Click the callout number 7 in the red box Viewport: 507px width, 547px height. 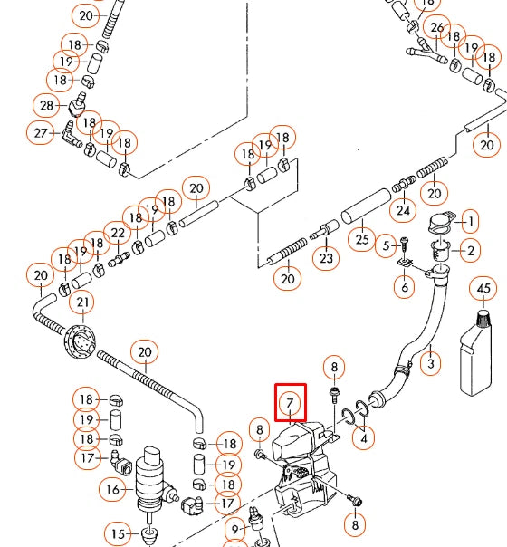[x=290, y=403]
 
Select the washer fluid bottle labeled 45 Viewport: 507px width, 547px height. [x=475, y=353]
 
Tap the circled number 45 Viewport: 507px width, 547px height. [x=483, y=289]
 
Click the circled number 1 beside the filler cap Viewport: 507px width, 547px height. [x=471, y=221]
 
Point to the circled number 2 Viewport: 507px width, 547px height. [x=471, y=251]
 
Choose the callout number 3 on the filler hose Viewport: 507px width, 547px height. [x=431, y=363]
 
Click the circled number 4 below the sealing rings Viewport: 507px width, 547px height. [x=363, y=438]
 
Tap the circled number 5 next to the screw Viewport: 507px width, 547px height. [x=386, y=245]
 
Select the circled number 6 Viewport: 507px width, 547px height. [x=404, y=287]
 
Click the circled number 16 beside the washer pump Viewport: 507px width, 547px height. [x=112, y=489]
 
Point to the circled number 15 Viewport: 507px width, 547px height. [x=118, y=533]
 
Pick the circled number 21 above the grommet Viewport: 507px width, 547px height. [x=82, y=302]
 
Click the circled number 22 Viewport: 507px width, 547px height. [x=118, y=233]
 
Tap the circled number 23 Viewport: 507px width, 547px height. [x=326, y=258]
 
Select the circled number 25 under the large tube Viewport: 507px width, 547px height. [x=362, y=239]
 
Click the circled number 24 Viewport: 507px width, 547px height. [x=403, y=210]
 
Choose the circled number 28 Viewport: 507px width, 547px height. [x=47, y=105]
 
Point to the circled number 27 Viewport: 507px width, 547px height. [x=41, y=133]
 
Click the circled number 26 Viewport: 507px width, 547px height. [x=437, y=27]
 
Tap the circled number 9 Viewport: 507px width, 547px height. [x=235, y=531]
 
